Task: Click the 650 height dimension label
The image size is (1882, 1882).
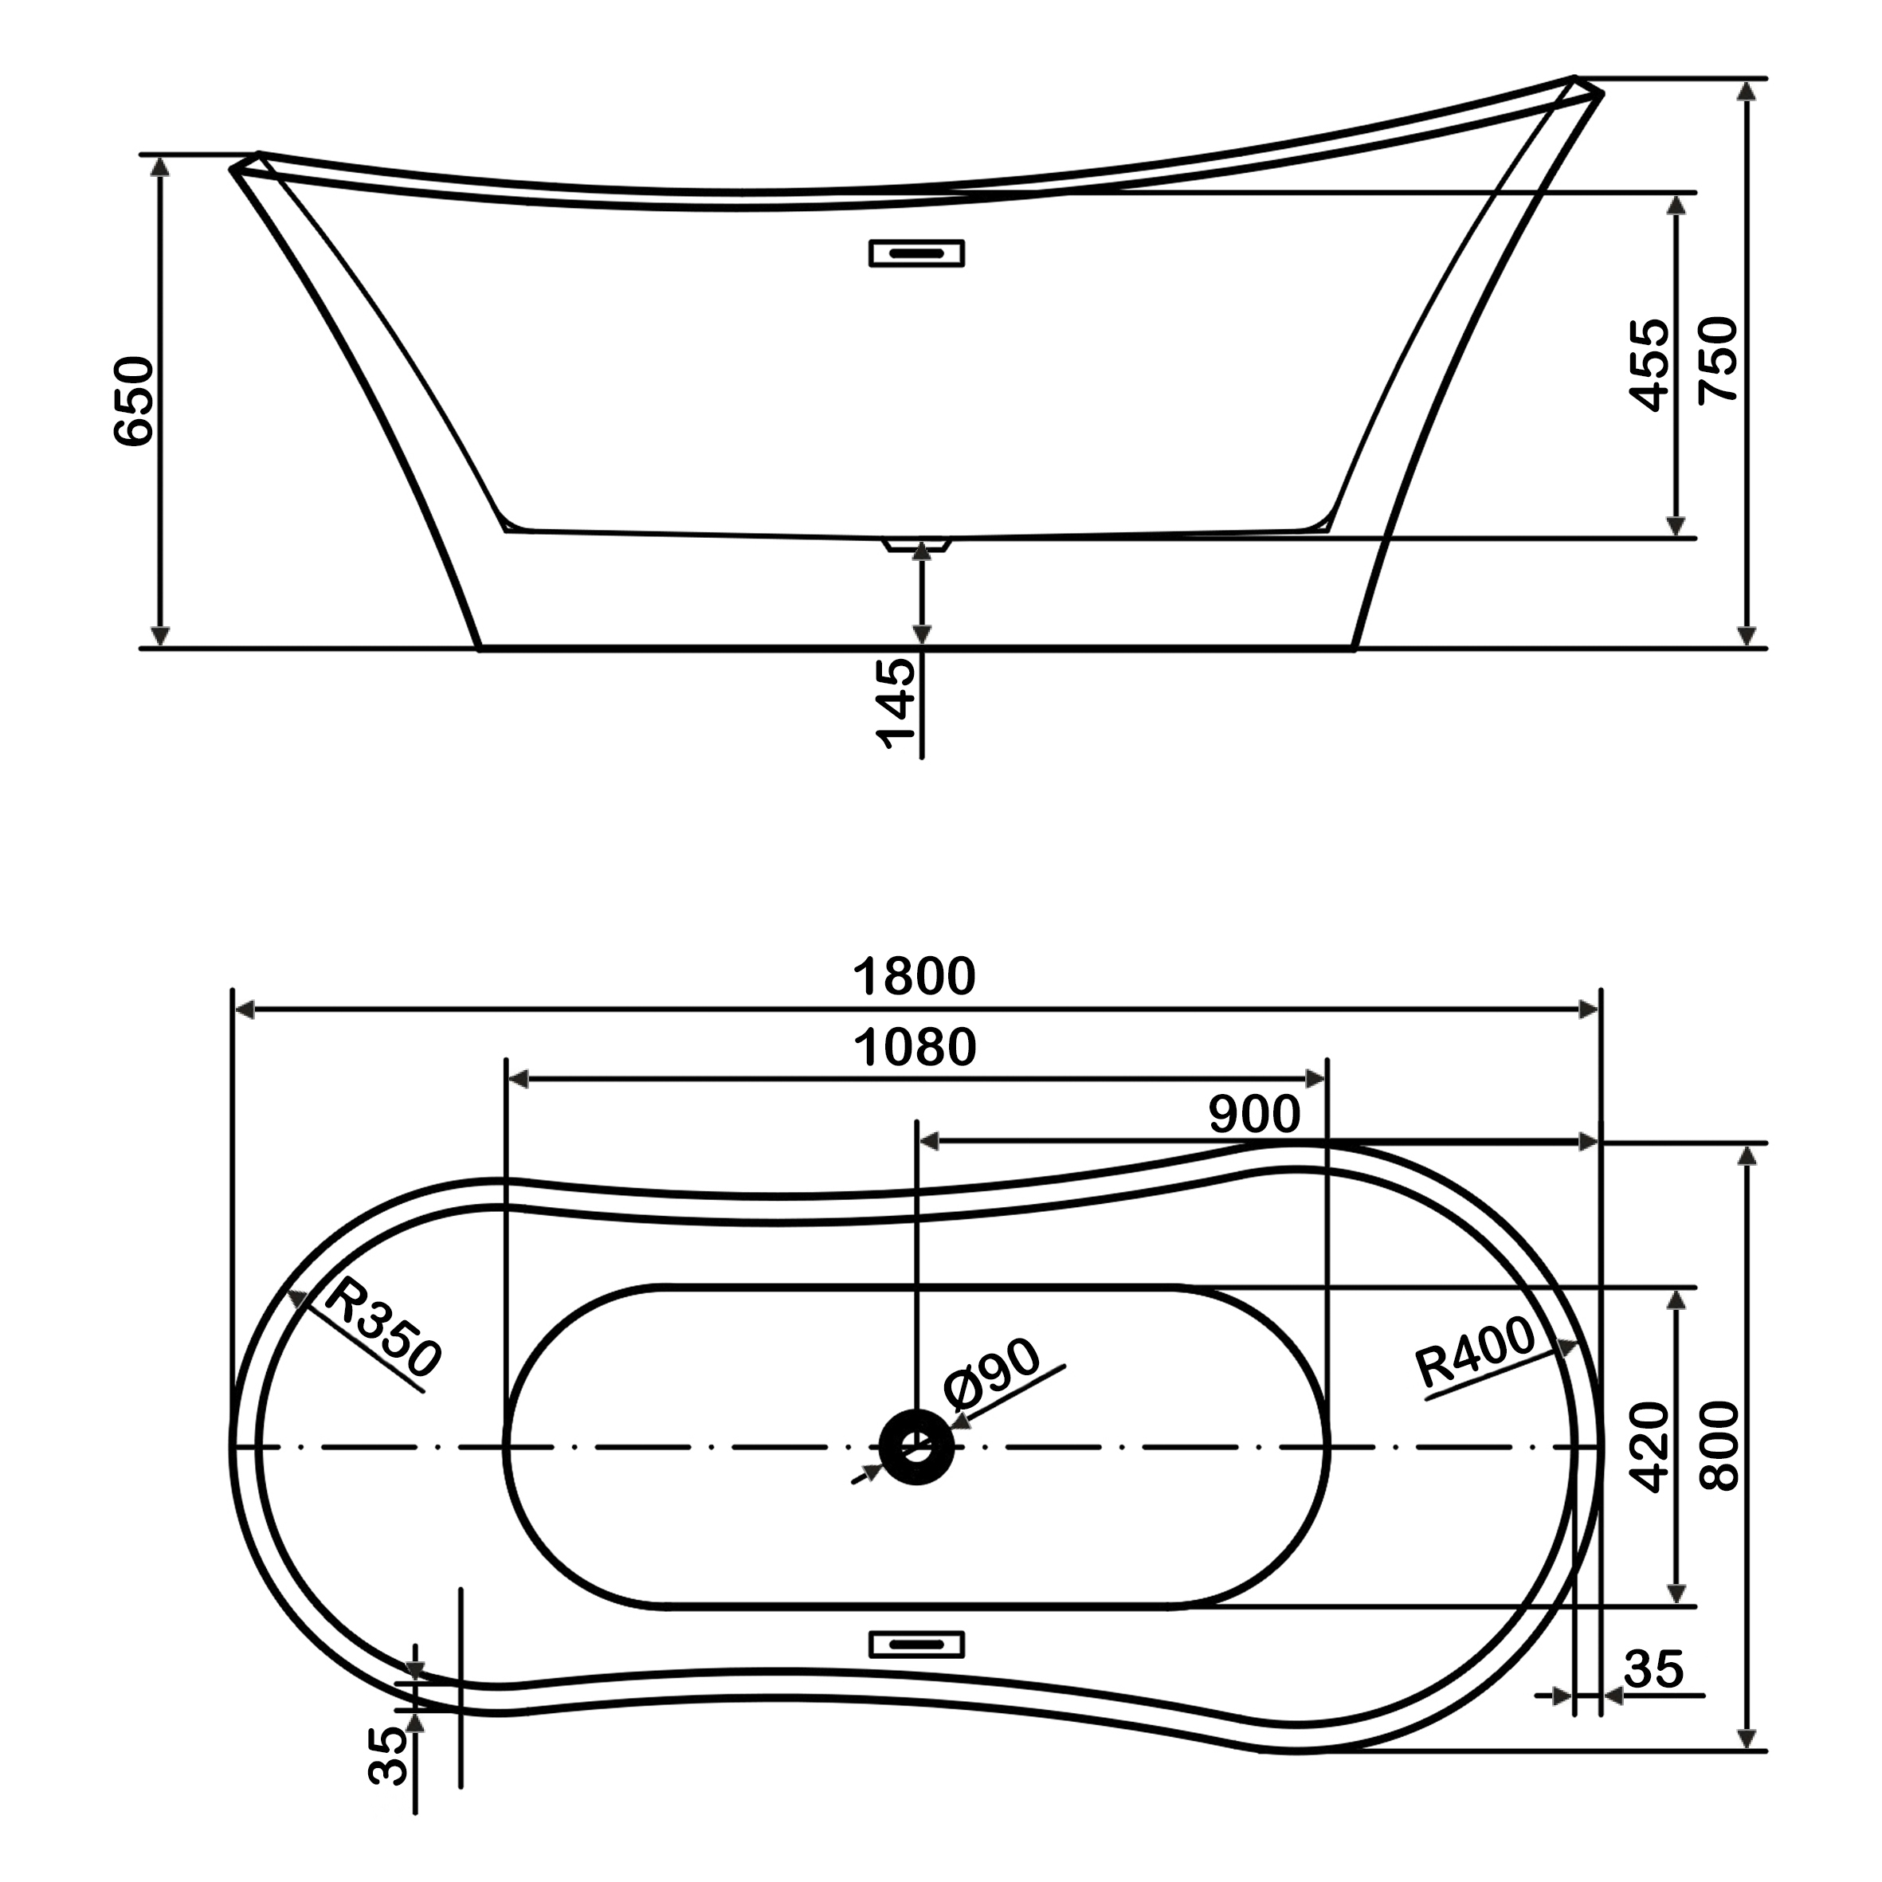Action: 133,402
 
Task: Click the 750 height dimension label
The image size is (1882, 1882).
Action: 1717,359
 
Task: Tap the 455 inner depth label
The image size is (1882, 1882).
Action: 1649,365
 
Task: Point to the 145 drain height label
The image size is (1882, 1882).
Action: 896,704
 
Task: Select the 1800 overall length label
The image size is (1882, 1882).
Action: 914,977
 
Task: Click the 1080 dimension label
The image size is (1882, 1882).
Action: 914,1048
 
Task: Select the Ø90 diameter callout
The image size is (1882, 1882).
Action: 992,1374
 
